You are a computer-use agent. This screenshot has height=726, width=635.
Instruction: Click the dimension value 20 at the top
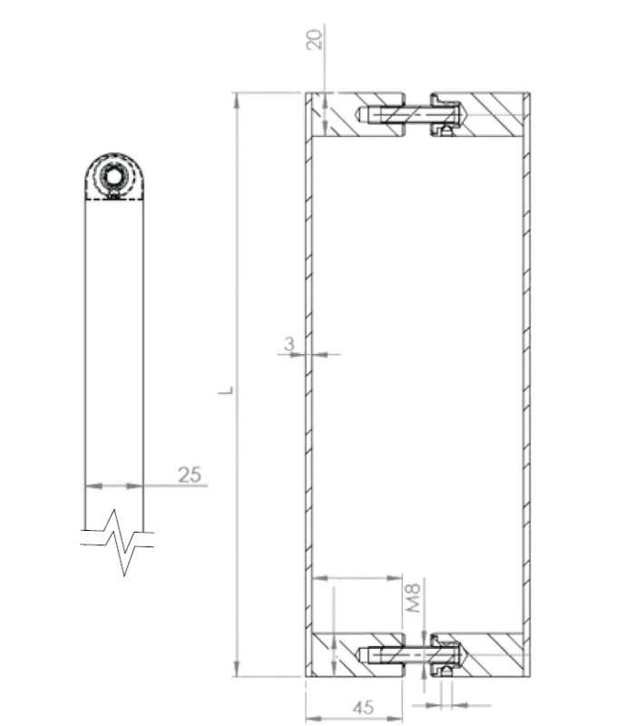pos(314,39)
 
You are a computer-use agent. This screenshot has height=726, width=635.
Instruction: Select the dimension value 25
pos(190,475)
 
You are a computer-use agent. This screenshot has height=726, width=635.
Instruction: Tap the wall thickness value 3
pos(289,344)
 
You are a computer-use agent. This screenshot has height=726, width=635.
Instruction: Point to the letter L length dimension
pos(226,390)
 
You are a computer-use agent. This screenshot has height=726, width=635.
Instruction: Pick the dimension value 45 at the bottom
pos(364,707)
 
